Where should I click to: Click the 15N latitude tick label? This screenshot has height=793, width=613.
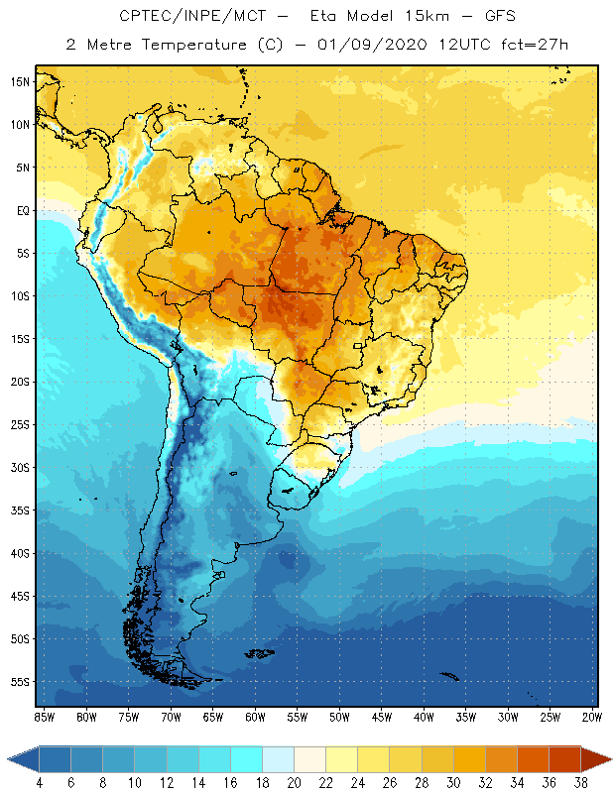[x=19, y=81]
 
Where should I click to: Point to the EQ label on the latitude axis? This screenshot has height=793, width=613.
[x=20, y=210]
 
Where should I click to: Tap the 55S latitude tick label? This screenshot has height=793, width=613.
[x=19, y=682]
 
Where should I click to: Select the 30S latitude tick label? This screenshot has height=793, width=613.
[x=19, y=467]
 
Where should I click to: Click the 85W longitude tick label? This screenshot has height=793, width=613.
[x=44, y=717]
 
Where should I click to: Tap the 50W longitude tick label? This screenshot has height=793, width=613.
[x=339, y=717]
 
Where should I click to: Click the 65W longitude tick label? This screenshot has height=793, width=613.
[x=213, y=717]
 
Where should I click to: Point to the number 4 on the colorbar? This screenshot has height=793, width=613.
[x=40, y=783]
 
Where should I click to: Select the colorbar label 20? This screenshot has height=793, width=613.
[x=294, y=783]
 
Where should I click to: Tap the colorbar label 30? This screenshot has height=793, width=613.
[x=453, y=783]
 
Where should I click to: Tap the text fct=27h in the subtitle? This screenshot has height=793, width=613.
[x=533, y=45]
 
